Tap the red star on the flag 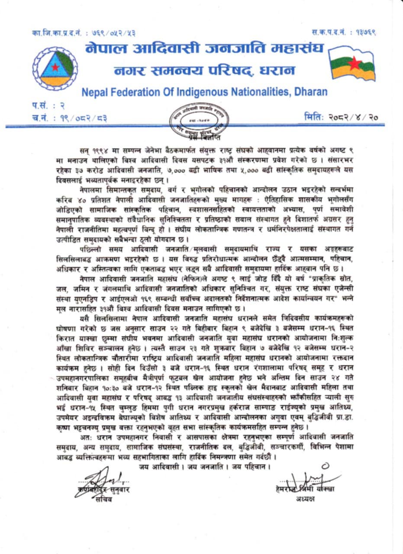tap(354, 64)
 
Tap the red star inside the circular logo tap(55, 67)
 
